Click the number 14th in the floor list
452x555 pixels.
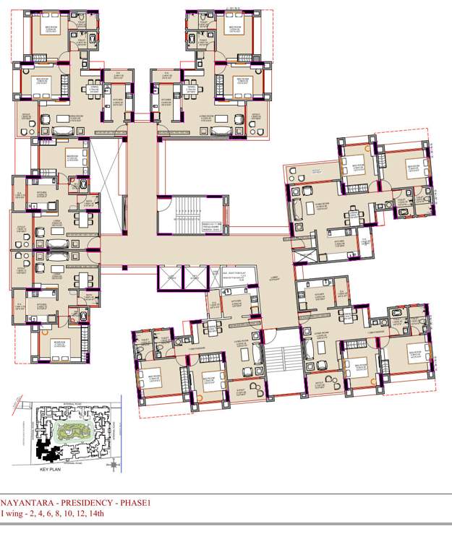(x=95, y=514)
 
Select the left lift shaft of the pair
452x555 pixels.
(x=171, y=277)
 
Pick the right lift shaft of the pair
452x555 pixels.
(x=195, y=277)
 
